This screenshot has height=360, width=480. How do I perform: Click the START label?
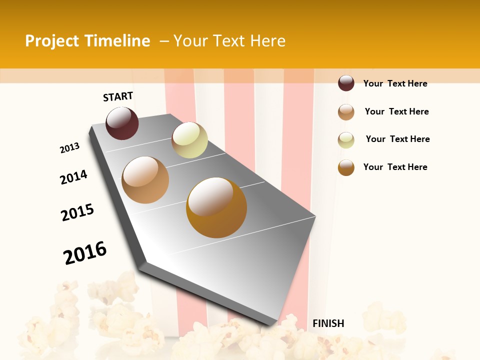118,96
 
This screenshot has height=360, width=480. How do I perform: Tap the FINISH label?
328,323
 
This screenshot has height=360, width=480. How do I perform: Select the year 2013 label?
69,148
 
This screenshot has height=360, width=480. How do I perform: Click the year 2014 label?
73,177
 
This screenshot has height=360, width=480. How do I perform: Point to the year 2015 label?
77,212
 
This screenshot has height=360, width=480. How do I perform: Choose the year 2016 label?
85,253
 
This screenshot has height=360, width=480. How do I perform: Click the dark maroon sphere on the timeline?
122,123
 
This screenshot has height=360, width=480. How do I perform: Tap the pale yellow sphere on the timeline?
189,140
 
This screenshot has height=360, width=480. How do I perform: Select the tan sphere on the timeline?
145,180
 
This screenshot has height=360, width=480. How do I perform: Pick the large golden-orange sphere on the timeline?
216,207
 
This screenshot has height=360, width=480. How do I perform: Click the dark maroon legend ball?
346,83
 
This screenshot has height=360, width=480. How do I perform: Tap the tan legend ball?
346,112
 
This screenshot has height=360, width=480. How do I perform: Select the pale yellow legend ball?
346,140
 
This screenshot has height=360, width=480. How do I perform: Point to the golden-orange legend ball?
346,167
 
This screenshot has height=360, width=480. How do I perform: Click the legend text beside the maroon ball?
395,83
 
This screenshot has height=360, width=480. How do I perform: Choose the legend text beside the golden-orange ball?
395,167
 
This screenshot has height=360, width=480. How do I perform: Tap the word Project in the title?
52,41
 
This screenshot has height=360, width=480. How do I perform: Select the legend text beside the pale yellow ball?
397,139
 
